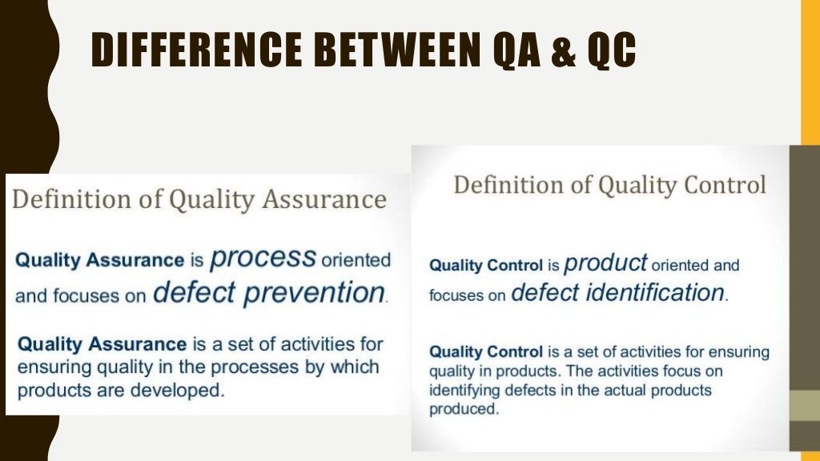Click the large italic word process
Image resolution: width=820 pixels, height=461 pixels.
(x=263, y=257)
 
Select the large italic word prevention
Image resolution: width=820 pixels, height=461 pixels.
(x=314, y=293)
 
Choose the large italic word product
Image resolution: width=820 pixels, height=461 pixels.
(x=605, y=262)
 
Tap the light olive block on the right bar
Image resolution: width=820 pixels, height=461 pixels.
(x=804, y=406)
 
